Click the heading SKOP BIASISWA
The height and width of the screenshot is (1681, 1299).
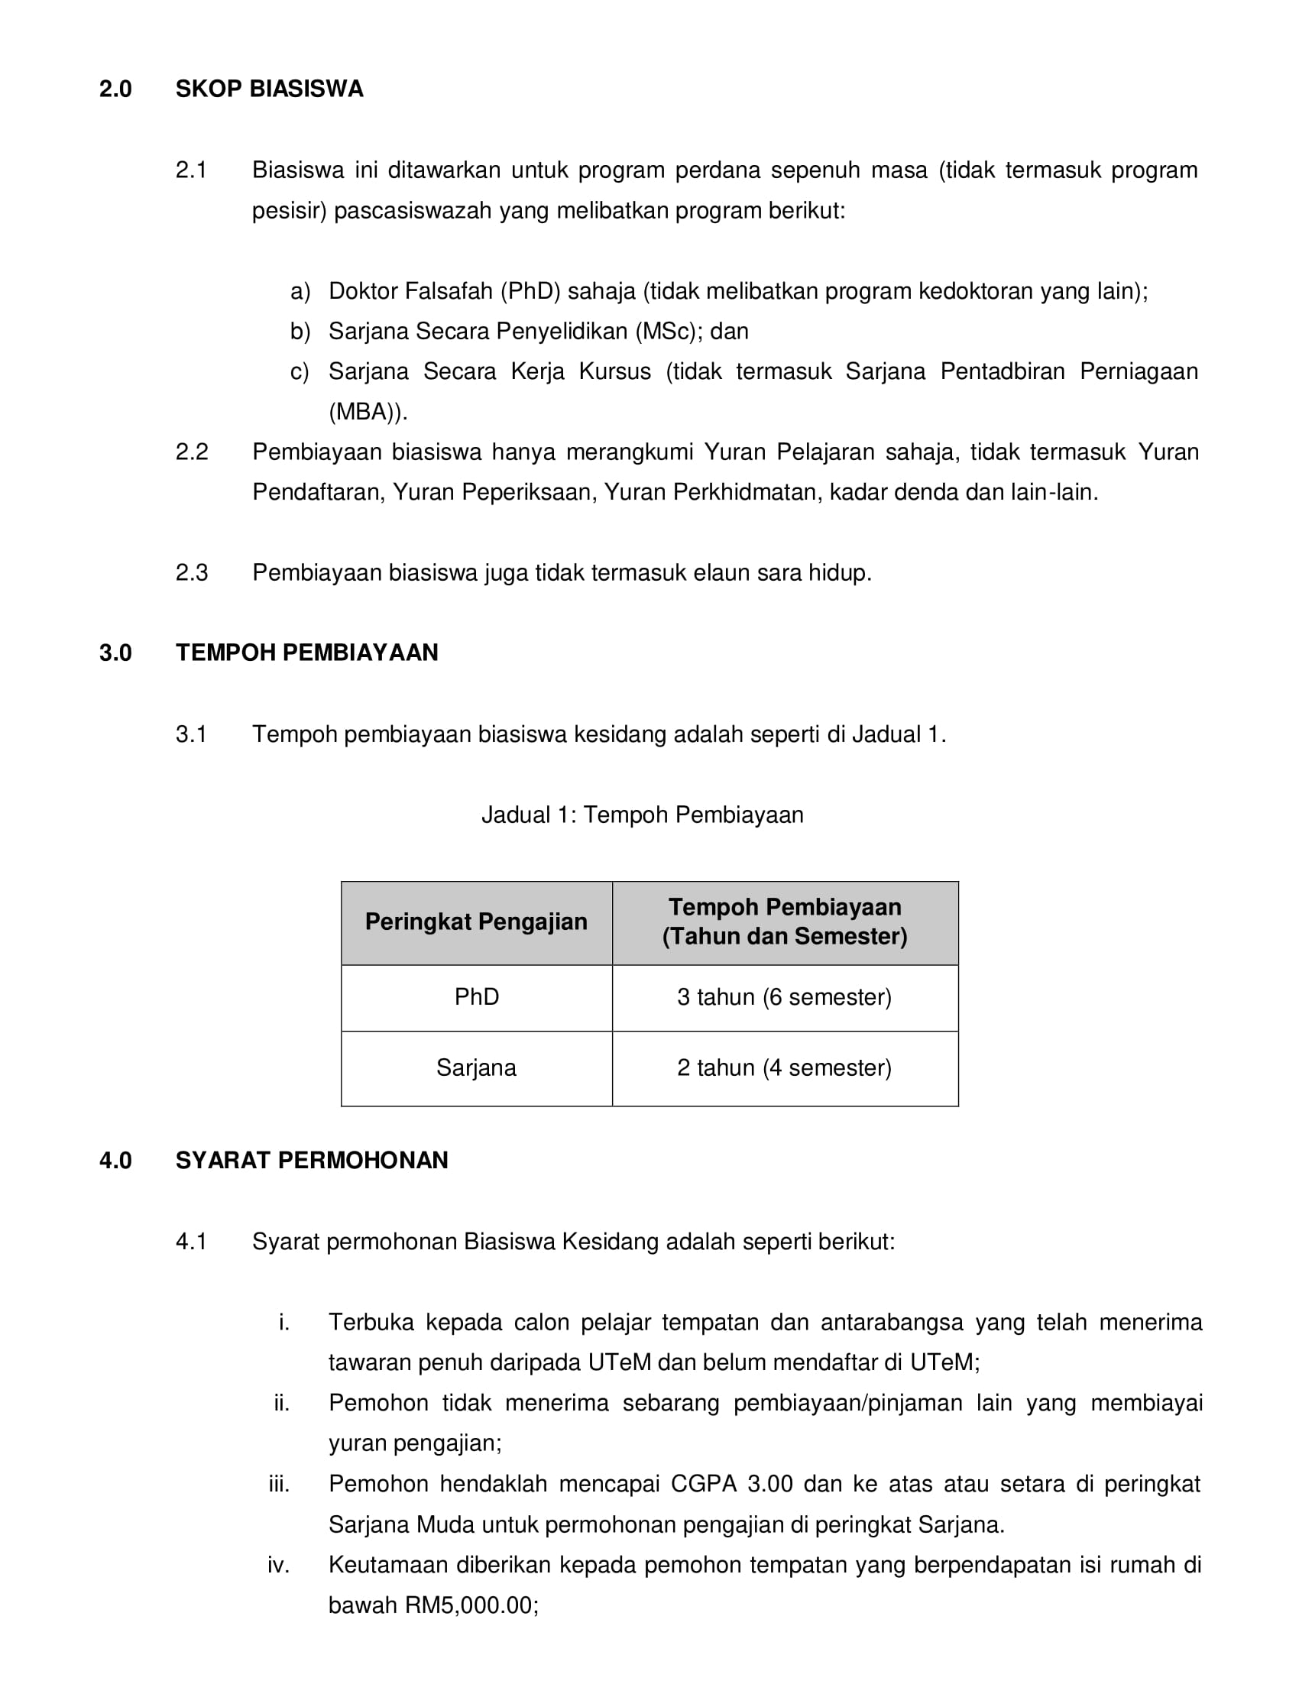268,89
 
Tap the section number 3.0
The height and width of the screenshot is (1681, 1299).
115,653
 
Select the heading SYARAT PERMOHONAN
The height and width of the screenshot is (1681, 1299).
312,1161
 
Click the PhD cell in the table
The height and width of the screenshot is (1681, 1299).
476,997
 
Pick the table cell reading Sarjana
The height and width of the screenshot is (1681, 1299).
476,1068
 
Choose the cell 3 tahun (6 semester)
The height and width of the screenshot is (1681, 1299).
784,997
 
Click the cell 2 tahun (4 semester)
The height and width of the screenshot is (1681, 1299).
784,1068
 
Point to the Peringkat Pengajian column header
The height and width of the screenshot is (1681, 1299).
476,922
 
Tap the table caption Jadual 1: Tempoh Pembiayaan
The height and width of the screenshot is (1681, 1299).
643,815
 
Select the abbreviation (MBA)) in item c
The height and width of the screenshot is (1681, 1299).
366,413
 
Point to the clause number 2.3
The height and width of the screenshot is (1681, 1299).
192,572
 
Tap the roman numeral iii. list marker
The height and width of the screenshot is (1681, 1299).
279,1484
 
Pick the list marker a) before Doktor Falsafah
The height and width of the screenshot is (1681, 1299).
300,292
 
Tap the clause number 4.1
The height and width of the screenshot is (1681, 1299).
192,1242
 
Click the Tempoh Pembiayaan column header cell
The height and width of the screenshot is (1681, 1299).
784,922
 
